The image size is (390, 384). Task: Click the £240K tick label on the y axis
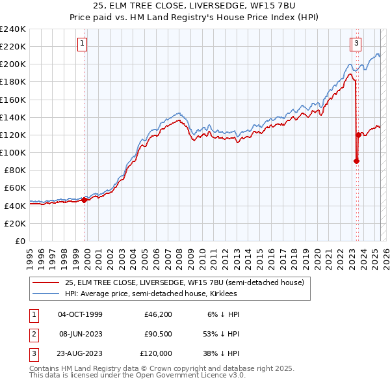tap(13, 29)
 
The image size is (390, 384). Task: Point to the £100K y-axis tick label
tap(13, 152)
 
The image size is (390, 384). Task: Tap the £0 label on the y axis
tap(21, 241)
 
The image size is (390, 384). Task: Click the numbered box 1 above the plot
tap(83, 44)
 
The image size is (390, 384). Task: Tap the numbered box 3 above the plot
tap(357, 44)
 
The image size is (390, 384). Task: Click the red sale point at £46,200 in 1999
tap(84, 200)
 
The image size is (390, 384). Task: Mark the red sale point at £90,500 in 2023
tap(356, 161)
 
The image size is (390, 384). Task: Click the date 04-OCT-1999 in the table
tap(80, 314)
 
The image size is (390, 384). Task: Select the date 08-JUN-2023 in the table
tap(80, 334)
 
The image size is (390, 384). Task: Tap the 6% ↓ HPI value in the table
tap(222, 314)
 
